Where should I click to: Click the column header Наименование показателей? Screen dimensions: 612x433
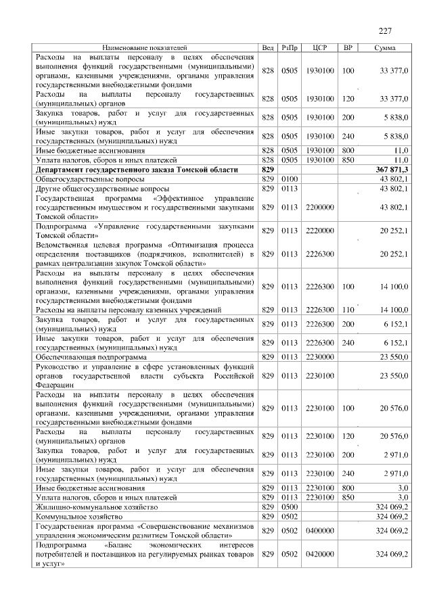point(144,48)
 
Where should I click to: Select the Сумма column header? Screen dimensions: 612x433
point(385,48)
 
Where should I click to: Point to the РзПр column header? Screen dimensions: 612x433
point(290,48)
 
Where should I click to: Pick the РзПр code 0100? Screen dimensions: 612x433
point(290,179)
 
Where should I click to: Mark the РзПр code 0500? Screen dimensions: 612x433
point(290,507)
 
